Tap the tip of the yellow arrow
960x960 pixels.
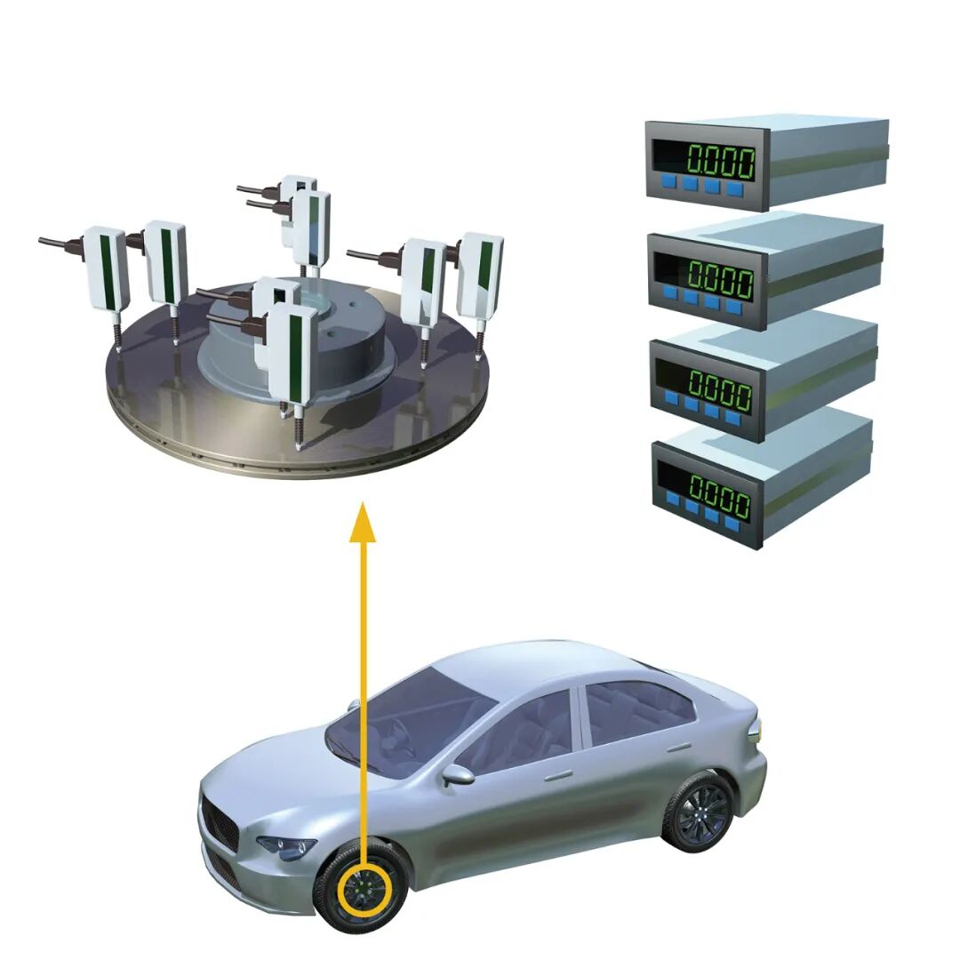(x=363, y=501)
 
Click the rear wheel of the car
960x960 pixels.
(x=699, y=813)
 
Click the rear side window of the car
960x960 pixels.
(x=630, y=713)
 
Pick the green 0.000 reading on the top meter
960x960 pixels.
(x=720, y=160)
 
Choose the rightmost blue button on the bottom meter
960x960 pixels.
(x=732, y=524)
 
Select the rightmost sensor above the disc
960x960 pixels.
(x=480, y=276)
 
